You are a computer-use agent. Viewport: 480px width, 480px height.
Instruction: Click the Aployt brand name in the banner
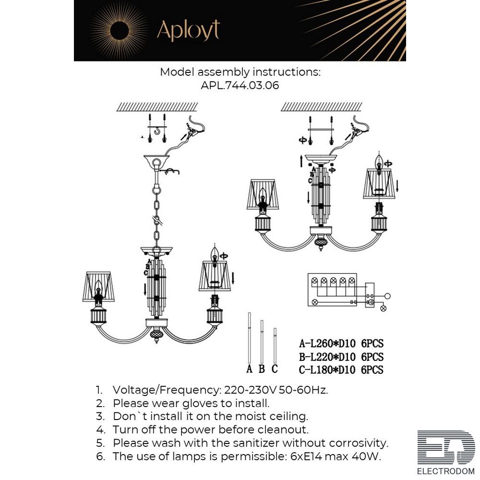188,30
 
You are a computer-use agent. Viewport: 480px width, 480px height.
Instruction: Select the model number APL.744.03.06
240,85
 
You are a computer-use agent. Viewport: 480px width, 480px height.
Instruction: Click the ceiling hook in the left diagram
157,131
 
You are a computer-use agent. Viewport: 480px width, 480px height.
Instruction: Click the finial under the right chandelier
321,243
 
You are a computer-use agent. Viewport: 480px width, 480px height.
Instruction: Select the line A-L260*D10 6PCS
341,344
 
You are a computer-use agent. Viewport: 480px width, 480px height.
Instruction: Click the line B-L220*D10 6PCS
341,357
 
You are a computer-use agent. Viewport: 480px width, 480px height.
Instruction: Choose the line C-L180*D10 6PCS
341,370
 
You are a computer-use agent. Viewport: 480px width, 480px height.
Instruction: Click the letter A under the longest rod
250,369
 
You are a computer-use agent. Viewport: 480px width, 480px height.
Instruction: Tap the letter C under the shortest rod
275,369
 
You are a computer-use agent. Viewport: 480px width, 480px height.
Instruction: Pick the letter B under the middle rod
262,369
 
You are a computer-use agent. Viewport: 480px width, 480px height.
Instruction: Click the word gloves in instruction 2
203,404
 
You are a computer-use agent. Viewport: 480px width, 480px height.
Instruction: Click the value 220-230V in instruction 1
251,390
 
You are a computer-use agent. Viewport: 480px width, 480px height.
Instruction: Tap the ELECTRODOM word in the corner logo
446,471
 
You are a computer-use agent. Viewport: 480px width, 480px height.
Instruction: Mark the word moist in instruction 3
250,417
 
